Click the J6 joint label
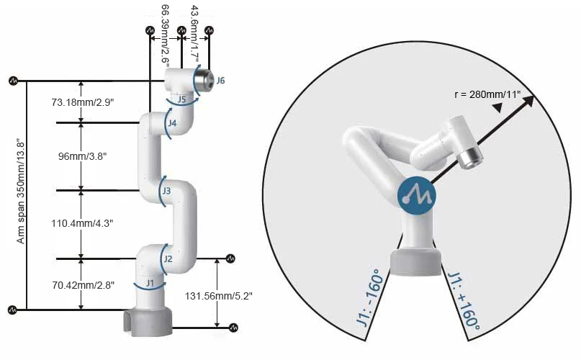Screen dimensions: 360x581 (220, 81)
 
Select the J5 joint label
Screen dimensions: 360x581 (183, 99)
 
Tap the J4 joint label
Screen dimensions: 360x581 (172, 123)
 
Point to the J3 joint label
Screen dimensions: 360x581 (166, 191)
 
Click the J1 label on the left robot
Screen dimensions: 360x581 (150, 284)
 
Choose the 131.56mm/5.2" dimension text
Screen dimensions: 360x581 (219, 295)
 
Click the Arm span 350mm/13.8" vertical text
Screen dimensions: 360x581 (22, 194)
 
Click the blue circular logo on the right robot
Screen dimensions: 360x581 (417, 195)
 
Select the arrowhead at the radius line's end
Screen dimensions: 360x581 (528, 101)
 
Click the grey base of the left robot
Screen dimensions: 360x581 (149, 321)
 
